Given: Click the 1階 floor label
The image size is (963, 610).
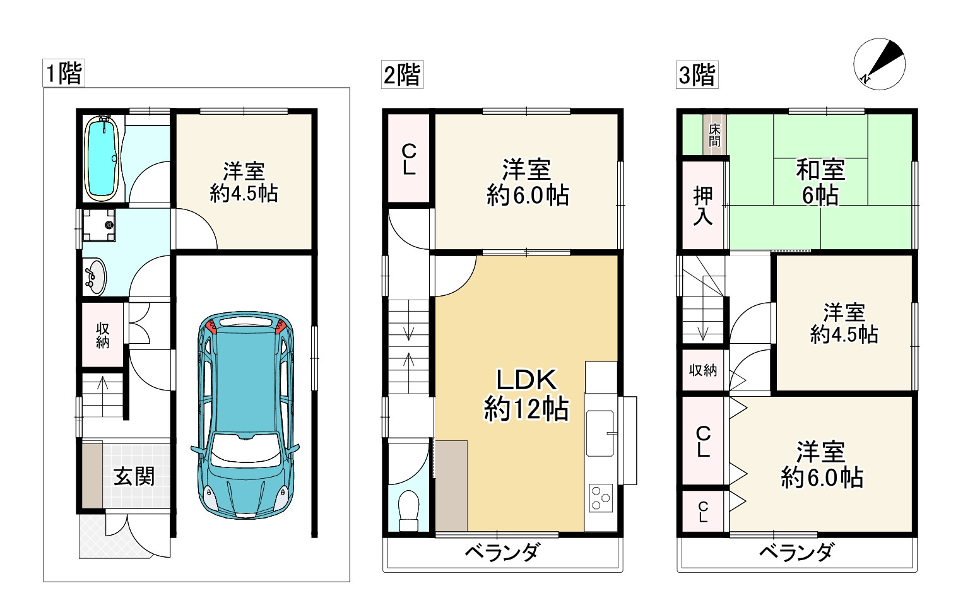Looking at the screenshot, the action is click(x=64, y=74).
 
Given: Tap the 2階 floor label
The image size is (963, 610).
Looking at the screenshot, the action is click(x=402, y=74).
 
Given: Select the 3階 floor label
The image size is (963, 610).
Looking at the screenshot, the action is click(x=697, y=74).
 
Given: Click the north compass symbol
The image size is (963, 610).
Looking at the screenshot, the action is click(x=879, y=64).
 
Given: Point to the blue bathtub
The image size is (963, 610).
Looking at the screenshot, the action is click(x=102, y=158).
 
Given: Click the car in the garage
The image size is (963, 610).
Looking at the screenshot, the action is click(x=245, y=415).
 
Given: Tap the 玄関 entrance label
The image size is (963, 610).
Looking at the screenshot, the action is click(x=134, y=477).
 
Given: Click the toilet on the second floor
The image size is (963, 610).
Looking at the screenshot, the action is click(x=408, y=512).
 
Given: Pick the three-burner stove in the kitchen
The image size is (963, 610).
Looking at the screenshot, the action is click(x=601, y=498).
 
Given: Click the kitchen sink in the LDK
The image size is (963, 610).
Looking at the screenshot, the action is click(x=600, y=433).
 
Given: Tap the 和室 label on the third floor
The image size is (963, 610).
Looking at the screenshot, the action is click(x=820, y=170).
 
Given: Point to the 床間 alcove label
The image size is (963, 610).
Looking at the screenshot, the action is click(x=714, y=135).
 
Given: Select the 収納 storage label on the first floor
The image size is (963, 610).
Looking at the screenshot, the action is click(x=103, y=336).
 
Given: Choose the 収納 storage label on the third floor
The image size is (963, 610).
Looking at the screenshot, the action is click(x=703, y=370).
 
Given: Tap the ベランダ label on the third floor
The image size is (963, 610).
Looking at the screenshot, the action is click(x=796, y=553).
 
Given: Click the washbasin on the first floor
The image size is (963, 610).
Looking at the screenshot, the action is click(x=95, y=276).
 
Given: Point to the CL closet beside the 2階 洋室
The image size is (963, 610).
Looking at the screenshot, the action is click(x=409, y=158).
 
